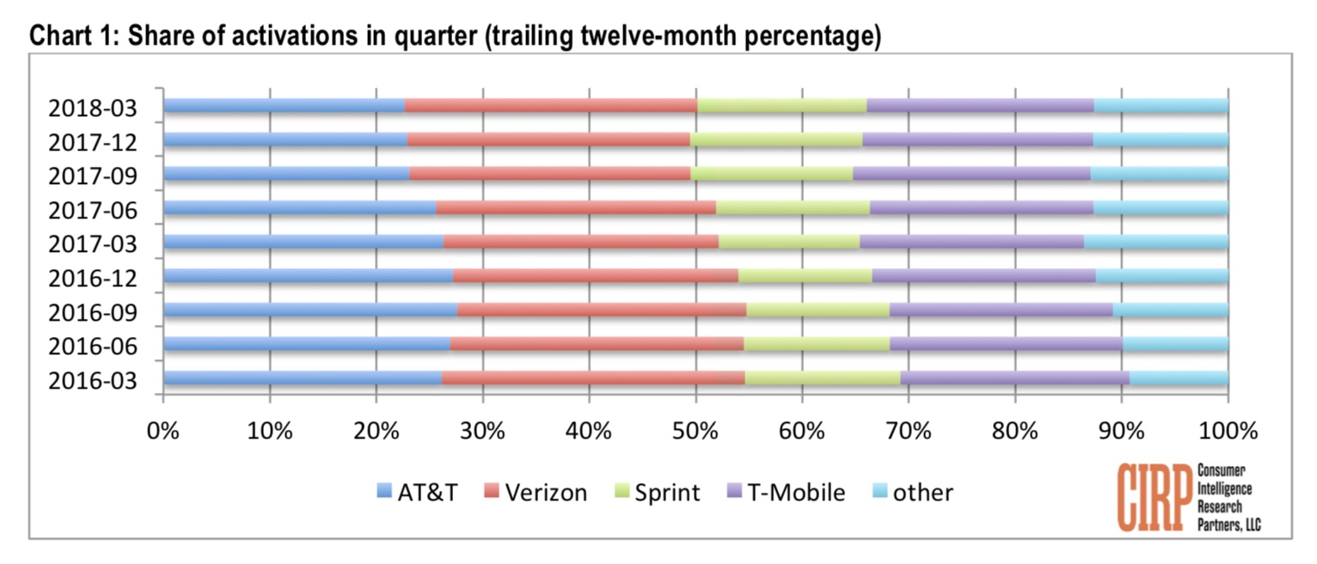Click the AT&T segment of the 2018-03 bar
tap(284, 106)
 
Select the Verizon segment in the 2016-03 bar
tap(593, 378)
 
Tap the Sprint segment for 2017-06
tap(793, 207)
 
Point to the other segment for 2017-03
tap(1155, 242)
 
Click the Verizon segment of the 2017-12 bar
tap(548, 139)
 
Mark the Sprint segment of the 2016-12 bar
tap(805, 276)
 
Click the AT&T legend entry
tap(421, 493)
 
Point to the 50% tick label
tap(695, 429)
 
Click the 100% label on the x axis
tap(1227, 429)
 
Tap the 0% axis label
tap(163, 429)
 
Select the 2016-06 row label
tap(93, 346)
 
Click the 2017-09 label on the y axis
tap(93, 175)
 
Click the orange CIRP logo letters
tap(1155, 496)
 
